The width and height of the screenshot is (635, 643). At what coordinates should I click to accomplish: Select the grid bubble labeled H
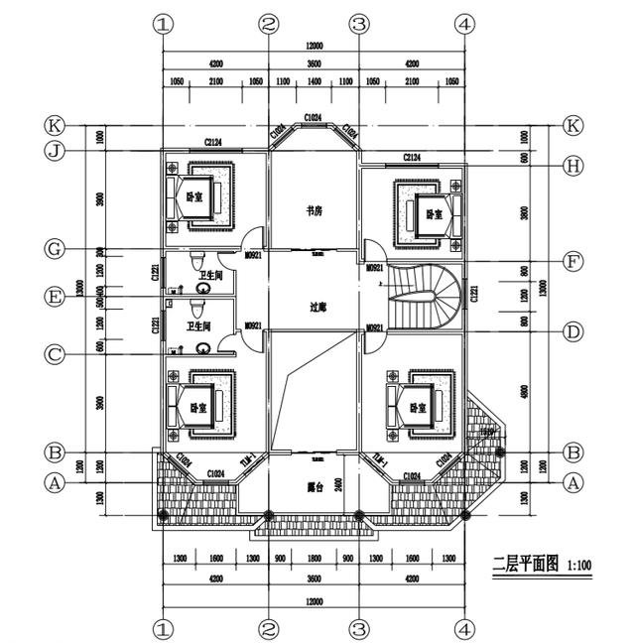coord(572,166)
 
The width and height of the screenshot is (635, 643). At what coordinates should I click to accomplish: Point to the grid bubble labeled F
coord(572,262)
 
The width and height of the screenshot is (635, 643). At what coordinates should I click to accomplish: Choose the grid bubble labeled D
coord(572,331)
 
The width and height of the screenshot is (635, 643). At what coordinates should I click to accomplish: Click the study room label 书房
coord(314,210)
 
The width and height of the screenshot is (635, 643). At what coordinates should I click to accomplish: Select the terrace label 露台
coord(314,488)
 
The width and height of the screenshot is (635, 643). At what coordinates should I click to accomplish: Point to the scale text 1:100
coord(579,567)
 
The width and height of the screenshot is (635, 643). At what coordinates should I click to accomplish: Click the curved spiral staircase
coord(425,296)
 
